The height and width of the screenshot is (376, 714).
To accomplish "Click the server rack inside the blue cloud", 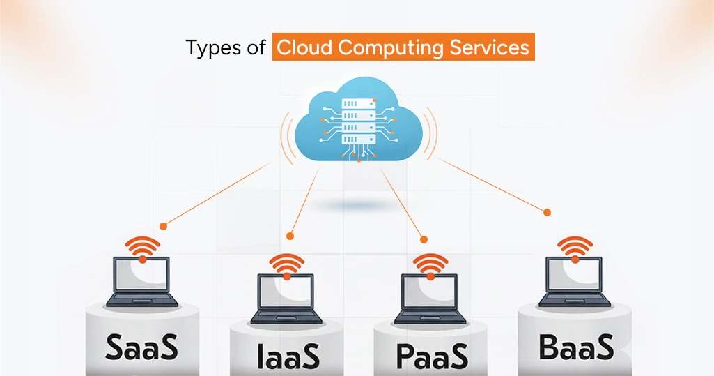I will pyautogui.click(x=358, y=121).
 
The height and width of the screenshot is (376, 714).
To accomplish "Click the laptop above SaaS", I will pyautogui.click(x=142, y=283).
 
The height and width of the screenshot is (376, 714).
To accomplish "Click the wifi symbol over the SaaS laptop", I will pyautogui.click(x=142, y=248).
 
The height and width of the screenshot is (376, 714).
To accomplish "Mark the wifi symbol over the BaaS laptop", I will pyautogui.click(x=575, y=248).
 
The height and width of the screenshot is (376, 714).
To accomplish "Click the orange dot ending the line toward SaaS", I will pyautogui.click(x=163, y=226).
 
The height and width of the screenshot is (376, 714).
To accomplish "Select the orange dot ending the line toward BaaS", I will pyautogui.click(x=547, y=212).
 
